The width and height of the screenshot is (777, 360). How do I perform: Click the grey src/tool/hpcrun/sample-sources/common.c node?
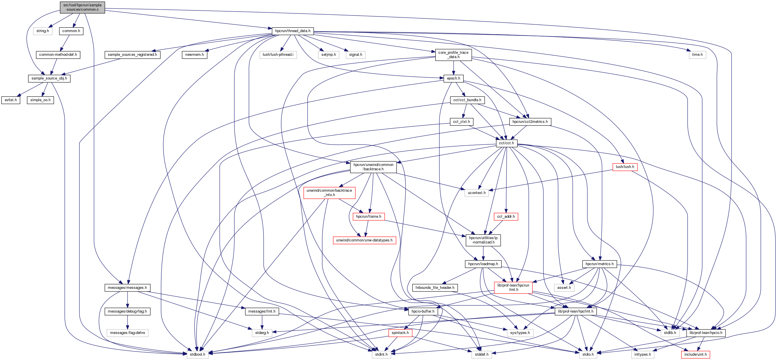coord(82,7)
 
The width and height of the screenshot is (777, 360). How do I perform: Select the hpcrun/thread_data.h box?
coord(293,31)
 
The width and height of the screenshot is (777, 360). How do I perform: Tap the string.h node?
coord(42,31)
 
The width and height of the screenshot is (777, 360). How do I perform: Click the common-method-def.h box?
coord(58,55)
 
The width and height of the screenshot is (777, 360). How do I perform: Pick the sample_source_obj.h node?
coord(49,78)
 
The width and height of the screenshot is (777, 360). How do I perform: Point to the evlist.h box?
coord(11,100)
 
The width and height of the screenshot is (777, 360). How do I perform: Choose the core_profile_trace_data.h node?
coord(453,55)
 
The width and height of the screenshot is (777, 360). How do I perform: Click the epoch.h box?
coord(453,78)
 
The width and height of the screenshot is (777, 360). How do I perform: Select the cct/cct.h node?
coord(506,143)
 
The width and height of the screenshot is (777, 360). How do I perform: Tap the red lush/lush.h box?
coord(625,167)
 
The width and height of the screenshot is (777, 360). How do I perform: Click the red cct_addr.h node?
coord(506,216)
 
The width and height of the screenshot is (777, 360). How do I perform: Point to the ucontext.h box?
coord(477,193)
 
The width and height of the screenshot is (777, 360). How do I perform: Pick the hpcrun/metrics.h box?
coord(599,264)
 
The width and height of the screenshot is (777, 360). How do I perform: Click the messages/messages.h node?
coord(127,288)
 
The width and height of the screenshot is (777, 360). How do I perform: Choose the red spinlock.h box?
coord(400,333)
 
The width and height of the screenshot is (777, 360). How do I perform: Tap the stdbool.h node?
coord(197,354)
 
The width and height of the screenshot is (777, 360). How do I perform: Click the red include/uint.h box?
coord(695,354)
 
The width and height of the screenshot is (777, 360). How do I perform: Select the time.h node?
coord(697,55)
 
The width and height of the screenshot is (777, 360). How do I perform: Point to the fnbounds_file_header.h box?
coord(435,288)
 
